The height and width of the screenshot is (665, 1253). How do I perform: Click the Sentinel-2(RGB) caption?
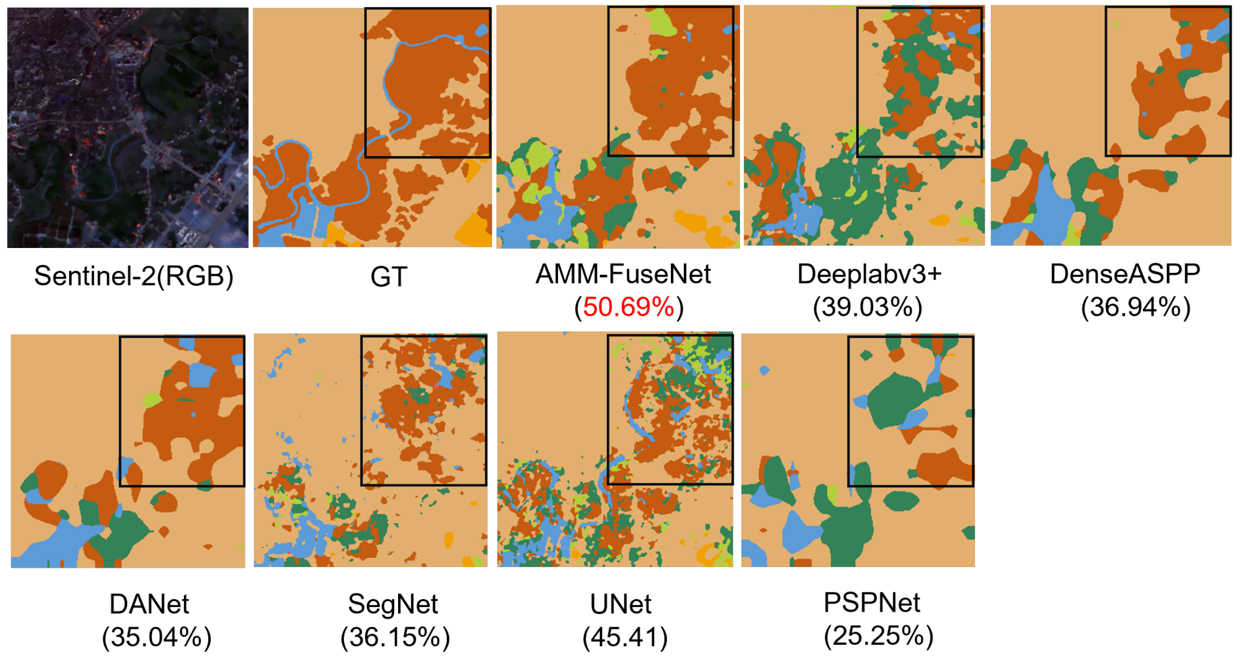tap(134, 276)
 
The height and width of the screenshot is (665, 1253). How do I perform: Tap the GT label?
tap(389, 277)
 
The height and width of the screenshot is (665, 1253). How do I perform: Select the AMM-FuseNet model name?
tap(623, 274)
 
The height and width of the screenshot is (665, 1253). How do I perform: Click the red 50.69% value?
tap(628, 307)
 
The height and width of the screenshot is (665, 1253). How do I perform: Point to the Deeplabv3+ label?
tap(869, 274)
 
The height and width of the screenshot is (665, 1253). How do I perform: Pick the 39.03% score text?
tap(868, 307)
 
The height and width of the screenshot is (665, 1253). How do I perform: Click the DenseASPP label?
tap(1124, 274)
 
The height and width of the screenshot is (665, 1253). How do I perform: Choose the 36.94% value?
tap(1136, 307)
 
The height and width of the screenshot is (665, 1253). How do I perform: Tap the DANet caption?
tap(149, 604)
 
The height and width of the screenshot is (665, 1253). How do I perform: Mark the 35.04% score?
tap(157, 637)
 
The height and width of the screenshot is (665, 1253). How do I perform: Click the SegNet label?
tap(393, 604)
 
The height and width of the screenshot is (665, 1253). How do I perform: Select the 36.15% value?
tap(395, 637)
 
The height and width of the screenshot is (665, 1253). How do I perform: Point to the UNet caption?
tap(621, 604)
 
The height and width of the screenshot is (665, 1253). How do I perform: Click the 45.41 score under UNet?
tap(625, 637)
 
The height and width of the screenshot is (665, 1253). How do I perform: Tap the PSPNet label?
tap(872, 602)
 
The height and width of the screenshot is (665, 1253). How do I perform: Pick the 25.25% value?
tap(878, 635)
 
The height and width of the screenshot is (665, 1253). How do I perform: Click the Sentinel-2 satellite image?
tap(128, 127)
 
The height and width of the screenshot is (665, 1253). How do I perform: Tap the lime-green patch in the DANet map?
tap(151, 399)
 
